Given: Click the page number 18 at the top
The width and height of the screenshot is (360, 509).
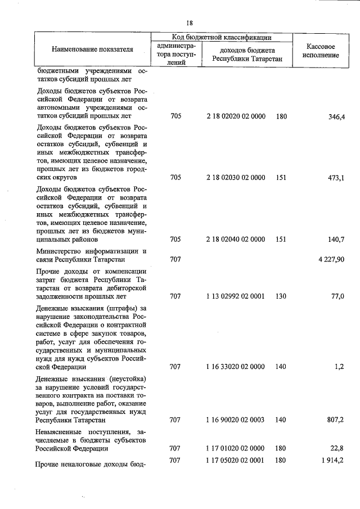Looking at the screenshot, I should click(x=190, y=23).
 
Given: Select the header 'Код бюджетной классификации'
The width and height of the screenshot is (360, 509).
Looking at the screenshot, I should click(x=221, y=37).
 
